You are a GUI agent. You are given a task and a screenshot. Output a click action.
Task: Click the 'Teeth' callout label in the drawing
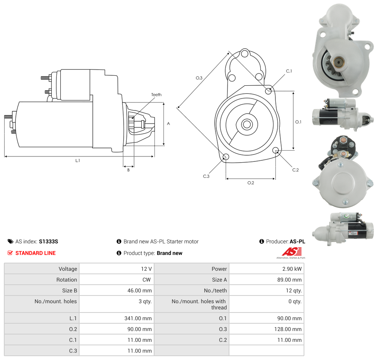[156, 95]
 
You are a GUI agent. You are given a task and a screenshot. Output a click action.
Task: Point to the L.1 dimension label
[78, 160]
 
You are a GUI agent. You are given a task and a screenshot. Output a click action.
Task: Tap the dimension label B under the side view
[129, 170]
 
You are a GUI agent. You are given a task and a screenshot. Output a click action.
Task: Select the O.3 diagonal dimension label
[199, 78]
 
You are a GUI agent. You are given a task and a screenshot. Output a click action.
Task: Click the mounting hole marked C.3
[226, 157]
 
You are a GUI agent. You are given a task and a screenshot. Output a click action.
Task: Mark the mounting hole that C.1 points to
[268, 91]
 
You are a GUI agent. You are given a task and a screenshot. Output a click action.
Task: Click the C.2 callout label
[295, 170]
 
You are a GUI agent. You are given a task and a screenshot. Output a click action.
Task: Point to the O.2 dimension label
[251, 183]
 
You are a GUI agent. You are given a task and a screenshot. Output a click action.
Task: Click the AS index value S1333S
[48, 241]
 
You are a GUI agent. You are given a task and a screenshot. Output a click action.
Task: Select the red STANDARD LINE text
[36, 253]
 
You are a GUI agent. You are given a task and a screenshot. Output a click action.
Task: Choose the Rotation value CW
[147, 280]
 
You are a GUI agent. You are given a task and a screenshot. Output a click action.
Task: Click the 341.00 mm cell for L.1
[140, 318]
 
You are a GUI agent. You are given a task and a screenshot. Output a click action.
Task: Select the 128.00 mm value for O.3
[290, 329]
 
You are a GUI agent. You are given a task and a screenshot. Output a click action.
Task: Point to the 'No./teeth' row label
[215, 290]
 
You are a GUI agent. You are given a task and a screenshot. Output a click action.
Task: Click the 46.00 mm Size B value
[140, 290]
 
